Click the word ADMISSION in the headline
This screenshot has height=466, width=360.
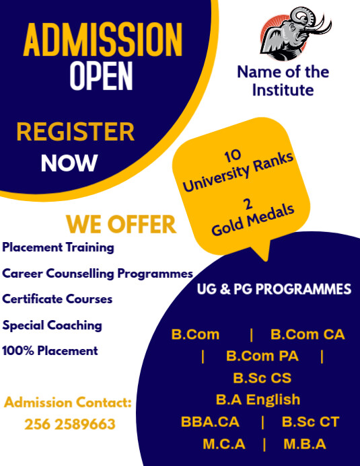tap(103, 40)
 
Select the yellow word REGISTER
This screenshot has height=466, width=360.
tap(75, 132)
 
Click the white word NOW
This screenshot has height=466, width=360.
tap(69, 163)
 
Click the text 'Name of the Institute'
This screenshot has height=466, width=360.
tap(283, 81)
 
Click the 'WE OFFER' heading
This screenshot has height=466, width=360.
tap(121, 224)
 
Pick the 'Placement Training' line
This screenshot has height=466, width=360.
tap(59, 247)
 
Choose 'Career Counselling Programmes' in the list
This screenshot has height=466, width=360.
tap(98, 274)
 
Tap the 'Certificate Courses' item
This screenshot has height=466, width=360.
tap(57, 299)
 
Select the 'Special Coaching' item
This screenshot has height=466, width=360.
tap(52, 325)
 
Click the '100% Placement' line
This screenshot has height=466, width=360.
tap(50, 350)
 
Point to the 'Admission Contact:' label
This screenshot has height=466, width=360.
tap(67, 403)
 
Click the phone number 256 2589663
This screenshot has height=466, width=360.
tap(70, 424)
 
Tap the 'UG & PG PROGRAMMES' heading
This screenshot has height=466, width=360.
tap(274, 290)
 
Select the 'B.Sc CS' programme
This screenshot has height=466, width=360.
tap(262, 378)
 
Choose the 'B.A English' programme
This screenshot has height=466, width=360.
tap(258, 399)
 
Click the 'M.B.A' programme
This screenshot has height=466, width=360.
tap(304, 444)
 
